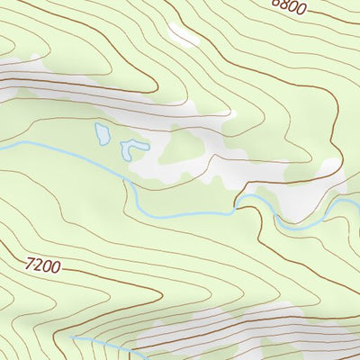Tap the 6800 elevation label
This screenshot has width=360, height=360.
289,6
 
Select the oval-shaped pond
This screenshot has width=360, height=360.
103,135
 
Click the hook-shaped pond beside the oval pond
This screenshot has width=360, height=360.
135,148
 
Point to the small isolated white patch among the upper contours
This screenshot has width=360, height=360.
184,35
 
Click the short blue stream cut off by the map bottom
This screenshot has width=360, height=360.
106,346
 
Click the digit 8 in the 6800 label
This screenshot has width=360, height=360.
284,5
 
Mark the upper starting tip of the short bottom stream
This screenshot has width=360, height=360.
72,337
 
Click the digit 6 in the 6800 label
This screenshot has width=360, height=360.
276,4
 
